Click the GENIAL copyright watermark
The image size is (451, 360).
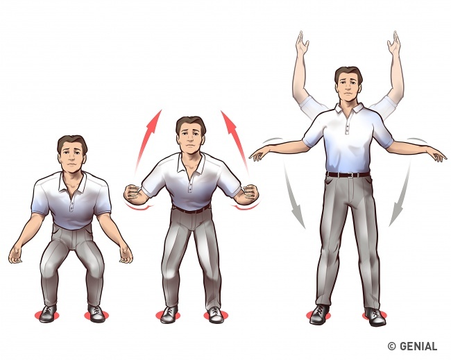tap(412, 346)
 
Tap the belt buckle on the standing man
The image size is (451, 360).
tap(350, 175)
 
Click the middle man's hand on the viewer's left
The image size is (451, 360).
tap(133, 194)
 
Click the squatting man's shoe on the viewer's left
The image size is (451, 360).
tap(48, 314)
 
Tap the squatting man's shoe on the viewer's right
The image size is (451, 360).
tap(96, 314)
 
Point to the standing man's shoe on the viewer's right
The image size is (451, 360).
tap(375, 317)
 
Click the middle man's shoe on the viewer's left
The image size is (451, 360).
tap(169, 315)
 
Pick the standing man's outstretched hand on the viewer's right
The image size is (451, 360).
tap(439, 157)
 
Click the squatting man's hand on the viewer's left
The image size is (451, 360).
tap(17, 255)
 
